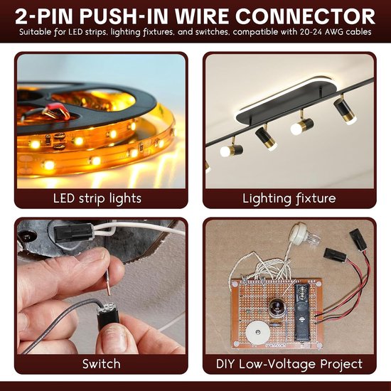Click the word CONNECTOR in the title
(305, 16)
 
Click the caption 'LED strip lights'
(97, 198)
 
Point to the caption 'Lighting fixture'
(289, 198)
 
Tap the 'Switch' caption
(101, 364)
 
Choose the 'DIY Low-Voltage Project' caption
(289, 364)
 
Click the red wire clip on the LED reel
(57, 110)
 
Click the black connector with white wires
(73, 232)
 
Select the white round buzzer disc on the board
(258, 333)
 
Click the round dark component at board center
(277, 307)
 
